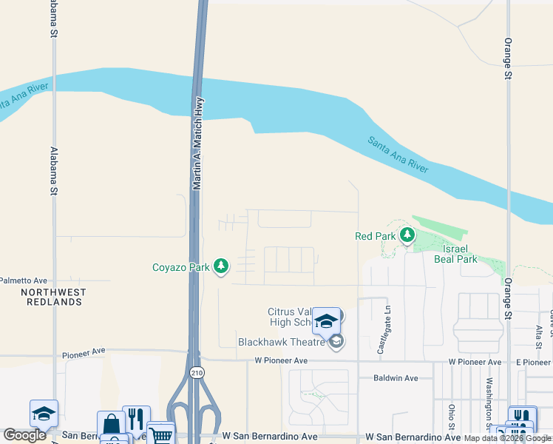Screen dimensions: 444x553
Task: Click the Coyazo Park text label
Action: coord(181,267)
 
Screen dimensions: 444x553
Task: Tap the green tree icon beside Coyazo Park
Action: coord(220,266)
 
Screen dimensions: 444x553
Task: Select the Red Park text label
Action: coord(376,236)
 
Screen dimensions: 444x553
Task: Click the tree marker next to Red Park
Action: coord(406,236)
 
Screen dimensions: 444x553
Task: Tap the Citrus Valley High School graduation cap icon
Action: coord(326,320)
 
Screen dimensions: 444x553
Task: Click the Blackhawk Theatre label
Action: coord(282,342)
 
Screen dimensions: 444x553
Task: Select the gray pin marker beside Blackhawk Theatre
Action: coord(336,341)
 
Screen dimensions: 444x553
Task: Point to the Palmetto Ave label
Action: coord(23,280)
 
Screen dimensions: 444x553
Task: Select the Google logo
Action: coord(24,435)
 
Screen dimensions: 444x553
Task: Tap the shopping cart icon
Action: coord(160,434)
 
